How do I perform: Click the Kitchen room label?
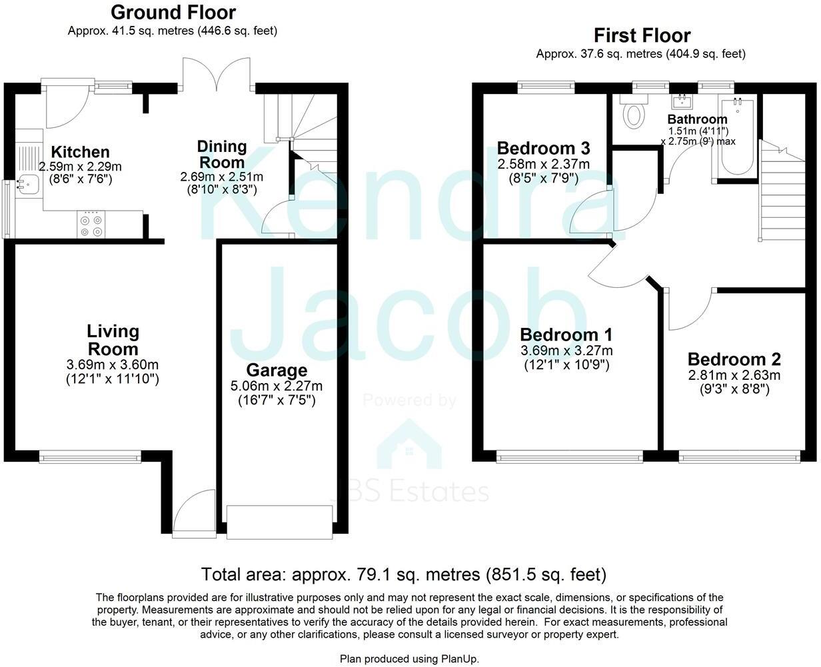pos(81,152)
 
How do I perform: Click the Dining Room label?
pos(222,154)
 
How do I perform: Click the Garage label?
pos(277,370)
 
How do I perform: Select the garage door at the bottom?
pos(279,522)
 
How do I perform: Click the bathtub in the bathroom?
pos(737,137)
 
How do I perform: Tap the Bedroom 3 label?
pos(543,148)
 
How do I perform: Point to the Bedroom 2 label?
pos(734,359)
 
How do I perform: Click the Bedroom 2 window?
pos(739,457)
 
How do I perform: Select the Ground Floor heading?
pos(173,12)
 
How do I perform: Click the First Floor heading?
pos(642,35)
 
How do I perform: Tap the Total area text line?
pos(404,574)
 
